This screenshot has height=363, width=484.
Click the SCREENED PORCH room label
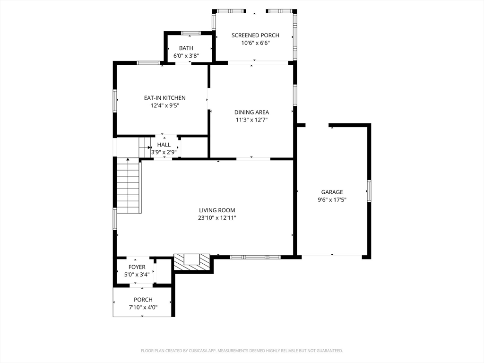click(x=255, y=35)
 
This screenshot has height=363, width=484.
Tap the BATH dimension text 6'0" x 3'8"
click(x=186, y=55)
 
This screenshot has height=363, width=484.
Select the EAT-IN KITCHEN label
click(x=165, y=98)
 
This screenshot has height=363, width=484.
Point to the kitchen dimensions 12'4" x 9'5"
click(x=165, y=105)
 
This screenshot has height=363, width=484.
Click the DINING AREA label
click(x=252, y=112)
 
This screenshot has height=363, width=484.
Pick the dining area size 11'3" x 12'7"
click(x=252, y=120)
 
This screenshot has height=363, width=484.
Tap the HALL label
click(x=164, y=145)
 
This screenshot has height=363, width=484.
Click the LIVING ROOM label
click(x=217, y=210)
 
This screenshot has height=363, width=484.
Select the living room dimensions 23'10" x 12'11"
click(x=217, y=218)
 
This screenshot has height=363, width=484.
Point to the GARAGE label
click(x=332, y=192)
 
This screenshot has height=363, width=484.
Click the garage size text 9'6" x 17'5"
click(x=332, y=199)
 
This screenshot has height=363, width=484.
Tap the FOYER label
click(x=137, y=267)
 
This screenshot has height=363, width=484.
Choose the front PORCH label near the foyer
click(x=143, y=300)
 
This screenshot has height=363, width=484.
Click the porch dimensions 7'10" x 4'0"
click(x=143, y=307)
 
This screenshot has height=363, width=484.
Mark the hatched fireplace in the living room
click(x=191, y=262)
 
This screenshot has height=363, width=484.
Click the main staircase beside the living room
click(x=129, y=187)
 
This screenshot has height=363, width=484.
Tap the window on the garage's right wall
click(x=369, y=191)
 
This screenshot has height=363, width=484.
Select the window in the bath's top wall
click(x=191, y=33)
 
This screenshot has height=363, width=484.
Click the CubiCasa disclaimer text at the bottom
click(x=242, y=351)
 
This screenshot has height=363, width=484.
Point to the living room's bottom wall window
click(x=255, y=257)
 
